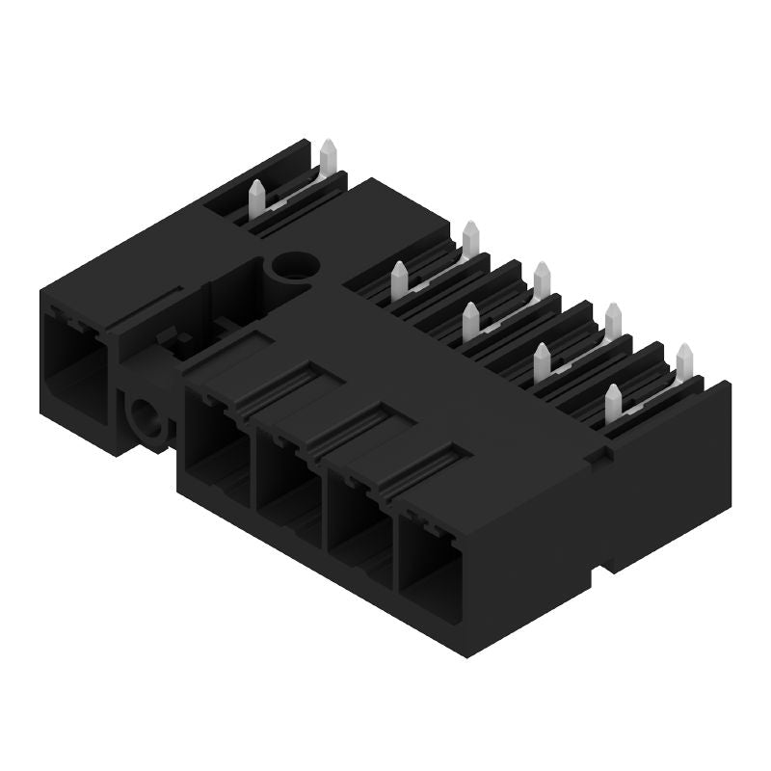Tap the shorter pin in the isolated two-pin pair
click(257, 197)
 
